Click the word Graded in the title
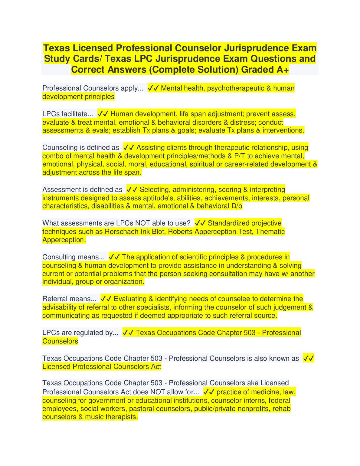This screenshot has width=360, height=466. point(257,70)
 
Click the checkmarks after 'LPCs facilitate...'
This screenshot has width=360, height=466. point(103,114)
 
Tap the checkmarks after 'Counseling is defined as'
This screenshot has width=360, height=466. point(129,148)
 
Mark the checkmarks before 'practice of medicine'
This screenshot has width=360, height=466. point(209,392)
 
